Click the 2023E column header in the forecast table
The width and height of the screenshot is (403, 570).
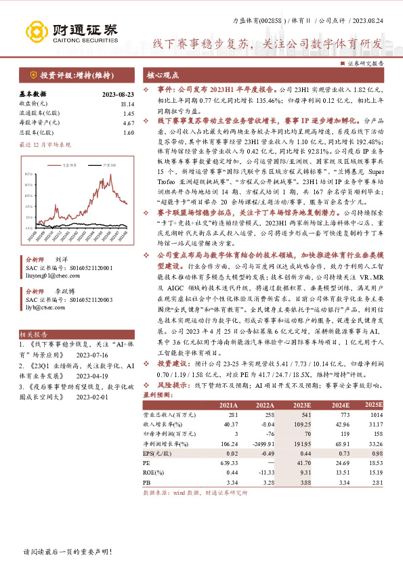pyautogui.click(x=302, y=404)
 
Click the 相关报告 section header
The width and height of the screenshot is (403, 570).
pyautogui.click(x=33, y=334)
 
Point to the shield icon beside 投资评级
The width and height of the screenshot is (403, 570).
pyautogui.click(x=33, y=74)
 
